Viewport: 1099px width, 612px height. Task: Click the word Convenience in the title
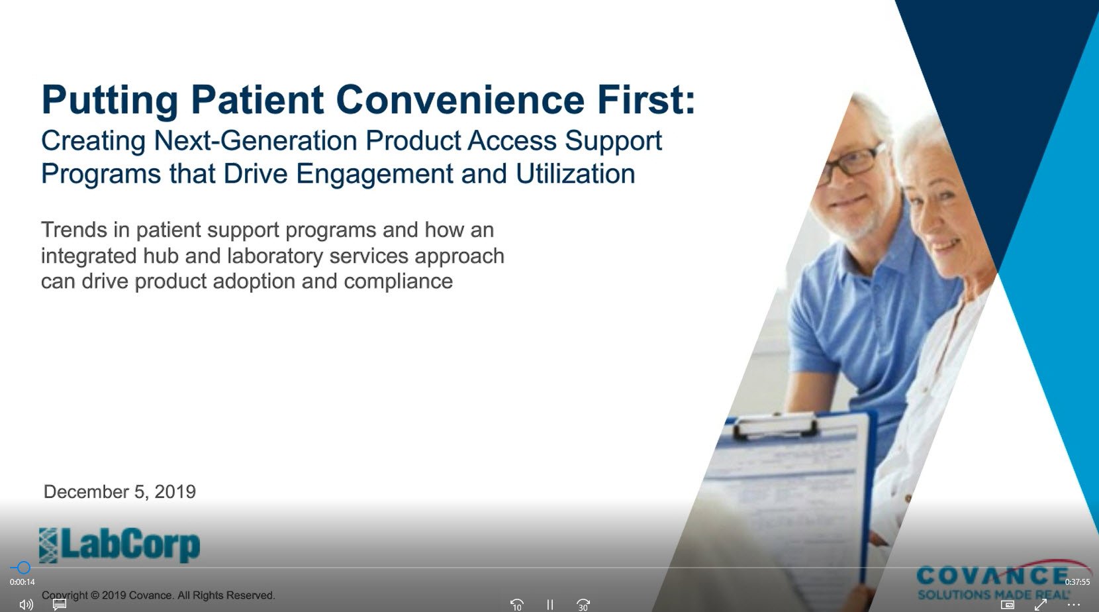(x=459, y=100)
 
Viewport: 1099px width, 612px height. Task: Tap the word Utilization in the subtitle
(x=575, y=174)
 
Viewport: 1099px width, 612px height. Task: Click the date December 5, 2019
(x=120, y=491)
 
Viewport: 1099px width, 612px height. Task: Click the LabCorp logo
(x=119, y=545)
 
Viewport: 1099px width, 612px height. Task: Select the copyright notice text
(x=158, y=595)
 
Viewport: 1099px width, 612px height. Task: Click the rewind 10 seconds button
(x=516, y=605)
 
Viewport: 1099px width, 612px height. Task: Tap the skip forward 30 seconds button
(x=583, y=605)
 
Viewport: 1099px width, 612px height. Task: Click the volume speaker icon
(x=26, y=605)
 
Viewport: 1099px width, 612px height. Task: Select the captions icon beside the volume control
(x=60, y=605)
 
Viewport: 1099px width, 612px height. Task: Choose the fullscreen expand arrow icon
(x=1040, y=605)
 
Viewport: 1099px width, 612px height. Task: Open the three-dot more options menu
(x=1073, y=605)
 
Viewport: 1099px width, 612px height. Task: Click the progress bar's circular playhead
(x=24, y=568)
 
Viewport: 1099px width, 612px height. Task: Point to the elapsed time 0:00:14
(x=22, y=582)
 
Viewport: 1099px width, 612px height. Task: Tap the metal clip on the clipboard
(x=775, y=425)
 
